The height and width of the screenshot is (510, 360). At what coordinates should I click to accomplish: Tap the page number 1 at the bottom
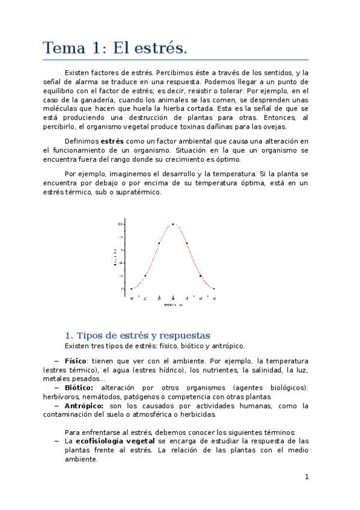coord(307,477)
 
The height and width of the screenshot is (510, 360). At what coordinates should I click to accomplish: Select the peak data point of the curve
coord(173,224)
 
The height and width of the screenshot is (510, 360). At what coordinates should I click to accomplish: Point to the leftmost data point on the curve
coord(132,289)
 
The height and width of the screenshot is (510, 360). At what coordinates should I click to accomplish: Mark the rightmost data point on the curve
coord(214,289)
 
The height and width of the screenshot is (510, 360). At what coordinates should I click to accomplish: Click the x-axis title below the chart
coord(173,304)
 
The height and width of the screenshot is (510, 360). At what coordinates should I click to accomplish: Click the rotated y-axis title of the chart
coord(114,257)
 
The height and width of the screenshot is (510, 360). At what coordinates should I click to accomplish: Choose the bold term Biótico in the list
coord(79,388)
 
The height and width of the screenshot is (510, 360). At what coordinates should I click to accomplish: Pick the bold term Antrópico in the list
coord(84,406)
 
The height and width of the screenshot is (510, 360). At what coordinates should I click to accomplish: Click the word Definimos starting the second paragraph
coord(81,141)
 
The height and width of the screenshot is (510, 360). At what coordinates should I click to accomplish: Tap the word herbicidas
coord(196,414)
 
